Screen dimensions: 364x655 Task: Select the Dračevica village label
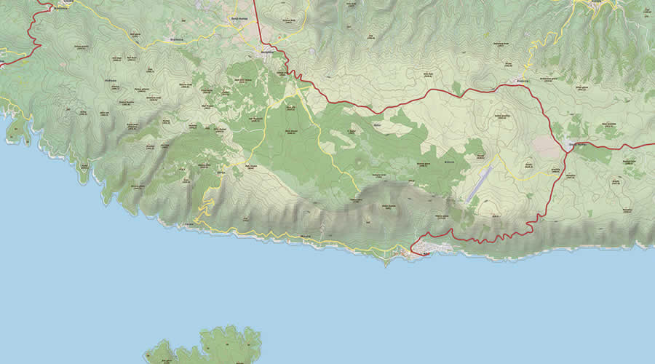tap(175, 40)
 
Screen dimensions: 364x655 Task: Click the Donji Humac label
tap(240, 20)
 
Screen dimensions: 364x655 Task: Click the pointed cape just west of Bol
tap(386, 262)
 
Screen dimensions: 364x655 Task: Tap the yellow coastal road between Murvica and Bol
tap(357, 248)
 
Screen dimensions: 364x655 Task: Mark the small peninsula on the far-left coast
tap(15, 131)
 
